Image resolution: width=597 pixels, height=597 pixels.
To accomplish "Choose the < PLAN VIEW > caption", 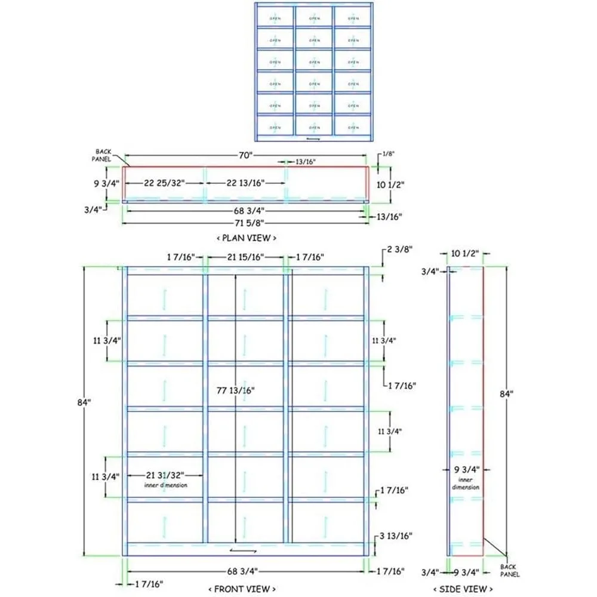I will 246,238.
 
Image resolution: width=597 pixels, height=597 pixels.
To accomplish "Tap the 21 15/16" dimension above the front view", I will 245,257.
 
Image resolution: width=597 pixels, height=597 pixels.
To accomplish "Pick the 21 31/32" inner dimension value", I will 165,475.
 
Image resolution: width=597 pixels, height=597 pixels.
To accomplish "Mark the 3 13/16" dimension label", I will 396,536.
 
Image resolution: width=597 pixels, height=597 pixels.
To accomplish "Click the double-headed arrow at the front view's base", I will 260,550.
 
